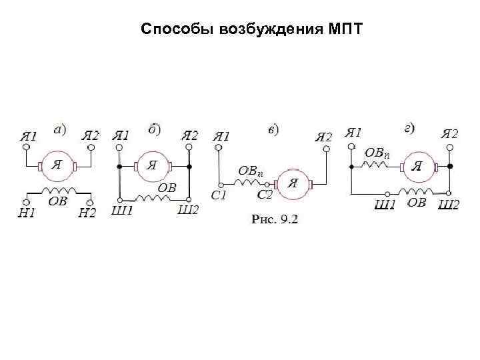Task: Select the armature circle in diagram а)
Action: (57, 166)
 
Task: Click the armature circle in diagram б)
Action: (153, 165)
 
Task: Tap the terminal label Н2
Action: (87, 213)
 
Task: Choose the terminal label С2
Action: (265, 195)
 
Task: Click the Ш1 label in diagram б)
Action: (121, 211)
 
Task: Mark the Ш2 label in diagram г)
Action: (448, 205)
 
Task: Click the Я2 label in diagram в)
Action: (323, 137)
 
